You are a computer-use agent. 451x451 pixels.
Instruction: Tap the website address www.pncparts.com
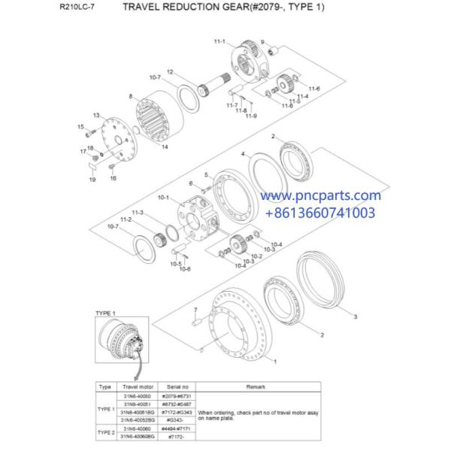point(322,195)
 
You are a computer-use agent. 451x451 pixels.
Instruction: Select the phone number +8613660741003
point(322,213)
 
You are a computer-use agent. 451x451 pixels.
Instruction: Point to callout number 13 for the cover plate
point(96,114)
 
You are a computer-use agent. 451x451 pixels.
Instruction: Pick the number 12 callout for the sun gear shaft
point(171,71)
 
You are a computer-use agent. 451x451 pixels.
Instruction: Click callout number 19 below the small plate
point(92,180)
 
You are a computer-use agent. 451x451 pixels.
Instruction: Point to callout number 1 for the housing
point(275,361)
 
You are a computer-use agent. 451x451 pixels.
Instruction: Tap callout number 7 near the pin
point(195,310)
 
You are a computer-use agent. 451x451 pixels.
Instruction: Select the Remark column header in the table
point(256,386)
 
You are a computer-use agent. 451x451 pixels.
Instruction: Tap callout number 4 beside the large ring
point(243,154)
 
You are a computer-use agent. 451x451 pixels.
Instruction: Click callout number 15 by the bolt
point(80,127)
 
